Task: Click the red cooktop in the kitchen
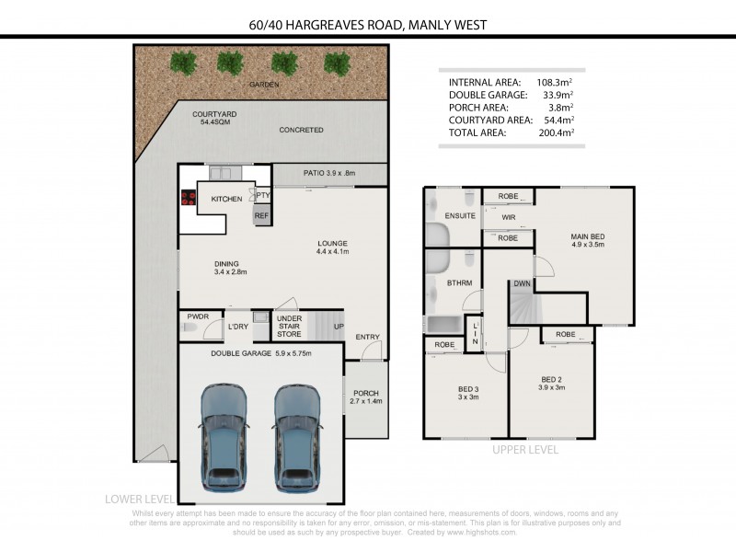click(189, 197)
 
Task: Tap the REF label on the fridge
click(261, 215)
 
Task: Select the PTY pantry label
click(263, 195)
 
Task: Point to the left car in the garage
click(224, 438)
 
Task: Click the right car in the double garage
click(297, 438)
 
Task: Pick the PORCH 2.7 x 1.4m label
click(366, 397)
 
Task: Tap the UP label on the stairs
click(339, 327)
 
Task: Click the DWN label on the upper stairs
click(522, 283)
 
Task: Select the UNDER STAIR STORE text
click(289, 327)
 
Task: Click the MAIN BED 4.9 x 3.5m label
click(588, 240)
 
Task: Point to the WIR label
click(509, 217)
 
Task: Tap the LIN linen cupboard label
click(475, 333)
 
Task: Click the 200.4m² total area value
click(557, 132)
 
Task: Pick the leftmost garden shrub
click(183, 63)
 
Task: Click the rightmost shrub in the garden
click(337, 64)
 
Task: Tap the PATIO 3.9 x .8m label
click(329, 173)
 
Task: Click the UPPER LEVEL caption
click(525, 450)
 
